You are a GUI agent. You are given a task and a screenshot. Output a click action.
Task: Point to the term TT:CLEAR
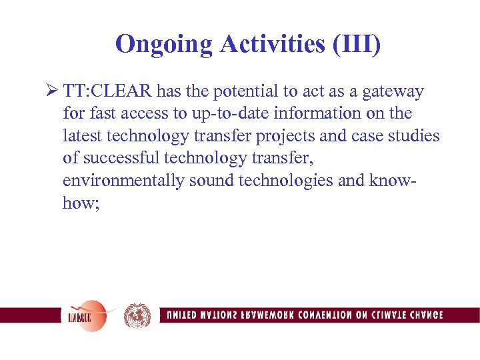109,91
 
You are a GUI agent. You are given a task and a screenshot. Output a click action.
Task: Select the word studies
416,136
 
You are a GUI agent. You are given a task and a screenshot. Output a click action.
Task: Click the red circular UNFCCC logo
84,315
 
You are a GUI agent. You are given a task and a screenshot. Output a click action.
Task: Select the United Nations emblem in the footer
137,315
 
